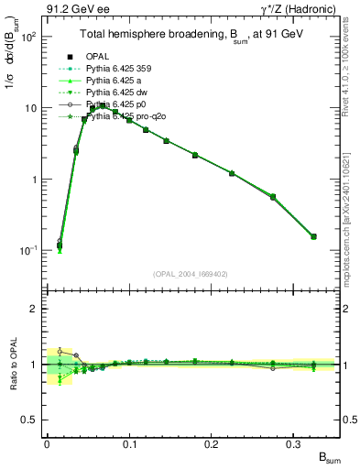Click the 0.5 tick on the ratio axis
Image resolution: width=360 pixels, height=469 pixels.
coord(33,420)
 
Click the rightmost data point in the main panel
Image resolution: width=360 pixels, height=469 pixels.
coord(313,236)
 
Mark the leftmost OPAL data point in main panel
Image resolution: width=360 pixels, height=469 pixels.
coord(59,245)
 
